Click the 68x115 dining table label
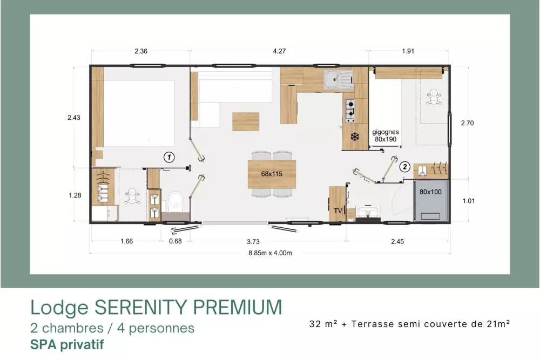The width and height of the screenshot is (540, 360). point(272,174)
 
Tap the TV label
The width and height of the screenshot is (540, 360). point(338,210)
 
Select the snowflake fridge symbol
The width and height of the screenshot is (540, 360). point(354,137)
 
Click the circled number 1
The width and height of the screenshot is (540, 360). point(168,157)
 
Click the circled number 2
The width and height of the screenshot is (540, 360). point(404,167)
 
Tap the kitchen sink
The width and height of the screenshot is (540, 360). point(338,79)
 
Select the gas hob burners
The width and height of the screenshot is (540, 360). point(350,111)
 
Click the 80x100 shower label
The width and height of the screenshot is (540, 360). point(430,192)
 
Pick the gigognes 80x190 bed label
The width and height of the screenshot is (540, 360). point(386,135)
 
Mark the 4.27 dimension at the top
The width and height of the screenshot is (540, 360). point(279,51)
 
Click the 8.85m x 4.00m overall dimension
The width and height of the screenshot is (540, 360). point(271,253)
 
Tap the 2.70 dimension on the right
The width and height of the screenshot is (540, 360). point(467,123)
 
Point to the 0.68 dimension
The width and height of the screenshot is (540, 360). point(175,241)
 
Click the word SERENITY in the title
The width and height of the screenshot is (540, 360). point(137,307)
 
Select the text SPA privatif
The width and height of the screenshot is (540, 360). point(67,344)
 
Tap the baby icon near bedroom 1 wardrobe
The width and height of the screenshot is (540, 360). point(132,196)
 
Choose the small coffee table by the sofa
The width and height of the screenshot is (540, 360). point(246,121)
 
